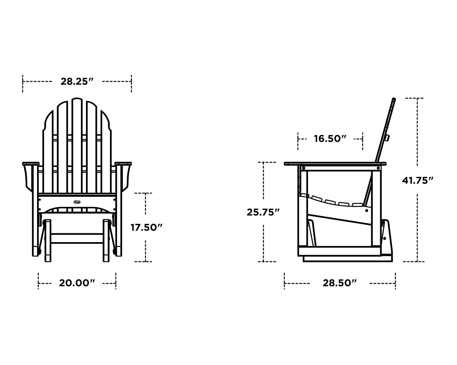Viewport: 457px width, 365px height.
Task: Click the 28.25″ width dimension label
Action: (x=77, y=81)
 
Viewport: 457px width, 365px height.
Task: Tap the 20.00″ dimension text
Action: (x=77, y=283)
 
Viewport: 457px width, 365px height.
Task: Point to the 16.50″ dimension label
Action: (x=330, y=139)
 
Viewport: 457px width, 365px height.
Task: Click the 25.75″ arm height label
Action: (x=263, y=212)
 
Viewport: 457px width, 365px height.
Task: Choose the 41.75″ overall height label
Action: (x=417, y=180)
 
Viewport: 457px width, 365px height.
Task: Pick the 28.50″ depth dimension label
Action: (x=340, y=283)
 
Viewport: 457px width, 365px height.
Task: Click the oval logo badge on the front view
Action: (x=77, y=202)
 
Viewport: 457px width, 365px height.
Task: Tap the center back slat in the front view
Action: (x=77, y=145)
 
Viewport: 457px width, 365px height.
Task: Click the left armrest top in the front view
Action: (x=31, y=164)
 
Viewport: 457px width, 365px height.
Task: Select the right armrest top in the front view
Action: (x=123, y=164)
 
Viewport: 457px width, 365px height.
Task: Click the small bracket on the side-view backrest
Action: (x=387, y=138)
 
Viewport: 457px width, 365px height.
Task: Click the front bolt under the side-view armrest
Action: (x=304, y=168)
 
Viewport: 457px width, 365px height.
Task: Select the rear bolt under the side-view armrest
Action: (x=378, y=168)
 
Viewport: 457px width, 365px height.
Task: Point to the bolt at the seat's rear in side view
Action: (x=367, y=210)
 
